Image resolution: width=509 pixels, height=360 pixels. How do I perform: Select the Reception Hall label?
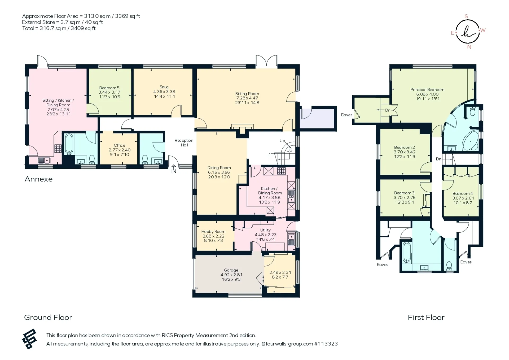coord(184,143)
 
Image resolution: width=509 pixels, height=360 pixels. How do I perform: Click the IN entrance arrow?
coord(174,169)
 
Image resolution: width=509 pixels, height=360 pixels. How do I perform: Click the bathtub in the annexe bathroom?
coord(69,144)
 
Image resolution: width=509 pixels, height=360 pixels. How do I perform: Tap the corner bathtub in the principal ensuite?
coord(470,141)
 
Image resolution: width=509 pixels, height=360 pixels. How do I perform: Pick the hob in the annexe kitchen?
coord(58,149)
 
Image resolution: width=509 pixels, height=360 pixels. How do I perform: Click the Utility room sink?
coord(291,239)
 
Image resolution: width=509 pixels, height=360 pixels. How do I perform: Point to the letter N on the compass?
coord(469,47)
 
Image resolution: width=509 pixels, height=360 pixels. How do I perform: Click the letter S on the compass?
coord(466,16)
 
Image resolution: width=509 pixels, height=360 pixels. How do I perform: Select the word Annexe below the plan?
coord(38,179)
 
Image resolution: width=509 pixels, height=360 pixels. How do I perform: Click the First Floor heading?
coord(426,318)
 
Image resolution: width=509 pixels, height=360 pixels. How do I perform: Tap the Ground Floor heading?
coord(48,318)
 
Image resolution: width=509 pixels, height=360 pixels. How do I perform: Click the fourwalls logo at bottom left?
coord(29,339)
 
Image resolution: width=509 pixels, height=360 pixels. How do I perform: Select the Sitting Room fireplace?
coord(242,129)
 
